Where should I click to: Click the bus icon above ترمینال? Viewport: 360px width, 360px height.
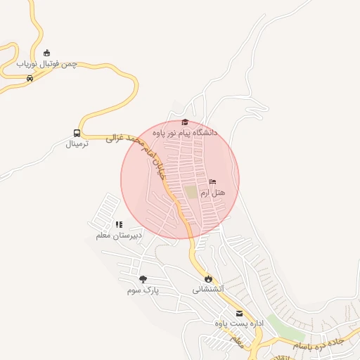click(77, 133)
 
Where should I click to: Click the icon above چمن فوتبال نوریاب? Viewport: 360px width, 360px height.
click(47, 53)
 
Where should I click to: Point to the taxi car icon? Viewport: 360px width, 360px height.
click(29, 78)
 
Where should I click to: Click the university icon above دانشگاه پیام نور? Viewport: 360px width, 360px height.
click(185, 122)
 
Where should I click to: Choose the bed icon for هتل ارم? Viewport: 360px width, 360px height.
click(213, 182)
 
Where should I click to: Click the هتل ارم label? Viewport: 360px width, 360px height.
click(213, 192)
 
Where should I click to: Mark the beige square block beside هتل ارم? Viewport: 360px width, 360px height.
click(191, 191)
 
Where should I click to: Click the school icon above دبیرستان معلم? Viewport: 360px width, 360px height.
click(119, 224)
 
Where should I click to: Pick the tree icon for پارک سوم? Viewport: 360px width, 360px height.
click(143, 279)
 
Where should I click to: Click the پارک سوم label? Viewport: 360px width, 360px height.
click(143, 290)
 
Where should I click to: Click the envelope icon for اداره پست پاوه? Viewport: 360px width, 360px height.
click(239, 314)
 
